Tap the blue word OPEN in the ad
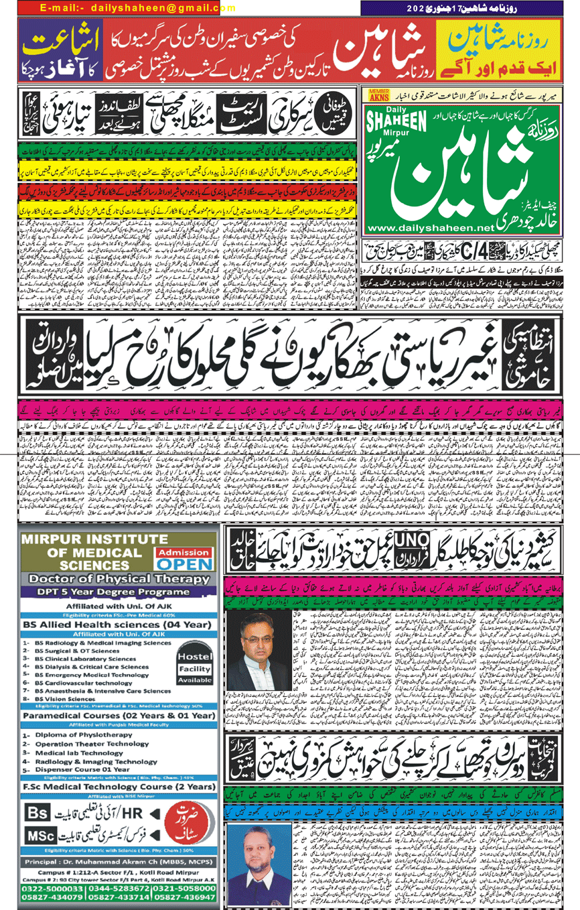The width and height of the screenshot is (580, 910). tap(184, 564)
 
